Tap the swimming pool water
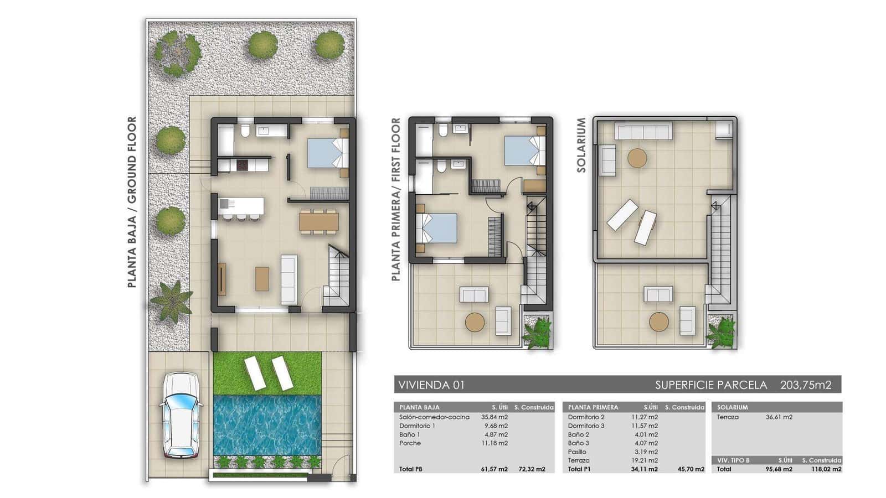click(x=267, y=424)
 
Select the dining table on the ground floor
click(x=318, y=221)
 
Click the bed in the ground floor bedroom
click(x=327, y=152)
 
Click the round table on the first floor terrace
click(x=475, y=322)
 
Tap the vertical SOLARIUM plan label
click(x=581, y=145)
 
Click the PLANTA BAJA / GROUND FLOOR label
click(x=132, y=202)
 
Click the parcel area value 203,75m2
click(x=806, y=385)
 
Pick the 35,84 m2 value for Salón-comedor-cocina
click(x=494, y=417)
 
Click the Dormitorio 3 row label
click(x=586, y=426)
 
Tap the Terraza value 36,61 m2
click(x=779, y=417)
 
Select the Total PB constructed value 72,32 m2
click(x=531, y=469)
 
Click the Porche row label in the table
click(x=410, y=443)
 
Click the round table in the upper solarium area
click(x=637, y=158)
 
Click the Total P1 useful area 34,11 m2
click(x=644, y=469)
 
